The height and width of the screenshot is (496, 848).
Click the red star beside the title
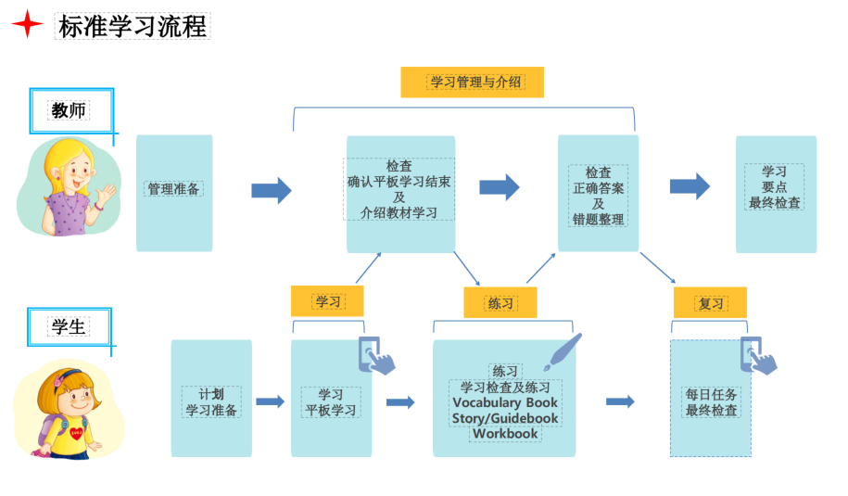[x=27, y=25]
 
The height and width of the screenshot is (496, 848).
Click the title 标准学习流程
[x=132, y=26]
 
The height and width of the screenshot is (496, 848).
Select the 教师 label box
[x=70, y=111]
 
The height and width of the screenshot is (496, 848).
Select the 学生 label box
[x=70, y=326]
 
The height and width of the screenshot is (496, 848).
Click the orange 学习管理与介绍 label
[x=472, y=82]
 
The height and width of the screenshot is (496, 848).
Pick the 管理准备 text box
[x=174, y=189]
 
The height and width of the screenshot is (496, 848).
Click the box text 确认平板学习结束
[x=399, y=183]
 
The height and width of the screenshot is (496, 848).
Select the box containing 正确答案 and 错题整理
[x=598, y=196]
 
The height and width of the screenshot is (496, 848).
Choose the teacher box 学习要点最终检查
[x=775, y=187]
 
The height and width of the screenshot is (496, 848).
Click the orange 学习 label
[x=327, y=301]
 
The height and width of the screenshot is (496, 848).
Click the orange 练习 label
[x=500, y=302]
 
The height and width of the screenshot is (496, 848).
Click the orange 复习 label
[x=711, y=303]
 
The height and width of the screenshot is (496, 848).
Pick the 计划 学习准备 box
[x=211, y=401]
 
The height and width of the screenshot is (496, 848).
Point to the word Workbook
[x=505, y=433]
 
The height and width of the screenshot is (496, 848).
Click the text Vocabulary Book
[x=505, y=402]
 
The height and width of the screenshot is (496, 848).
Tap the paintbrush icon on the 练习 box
[x=562, y=353]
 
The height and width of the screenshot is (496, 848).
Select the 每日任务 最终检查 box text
[x=712, y=401]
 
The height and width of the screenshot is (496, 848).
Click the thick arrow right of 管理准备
[x=271, y=190]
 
